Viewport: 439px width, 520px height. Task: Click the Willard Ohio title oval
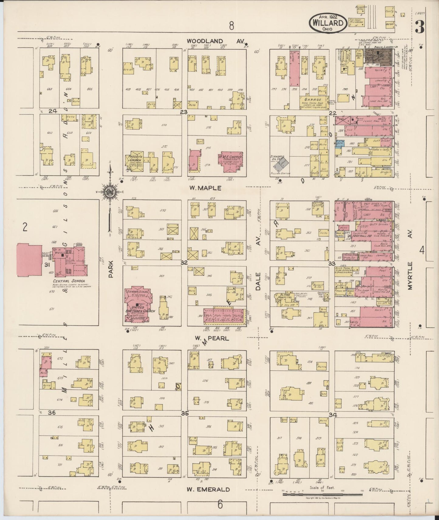pyautogui.click(x=328, y=23)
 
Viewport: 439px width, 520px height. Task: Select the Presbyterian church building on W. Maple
pyautogui.click(x=134, y=161)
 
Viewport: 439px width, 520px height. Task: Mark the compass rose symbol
pyautogui.click(x=109, y=192)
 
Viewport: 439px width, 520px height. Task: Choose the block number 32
pyautogui.click(x=184, y=262)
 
